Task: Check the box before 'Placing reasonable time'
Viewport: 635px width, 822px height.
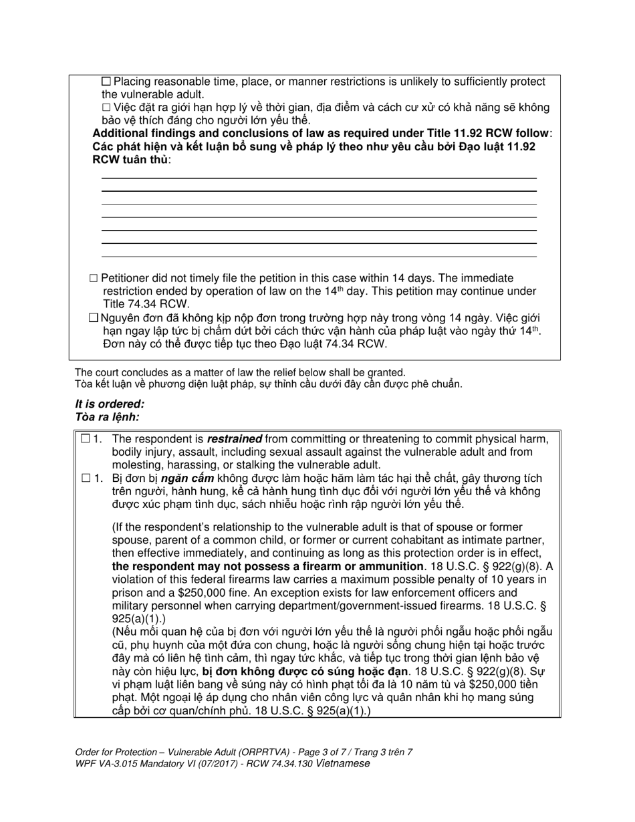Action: [106, 82]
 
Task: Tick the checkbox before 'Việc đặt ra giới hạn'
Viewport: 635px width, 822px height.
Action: [106, 108]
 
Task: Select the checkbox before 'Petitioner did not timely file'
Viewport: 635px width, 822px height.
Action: [94, 278]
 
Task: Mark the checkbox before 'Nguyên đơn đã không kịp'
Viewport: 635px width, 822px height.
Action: [94, 318]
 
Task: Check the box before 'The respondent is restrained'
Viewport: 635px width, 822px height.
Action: [86, 439]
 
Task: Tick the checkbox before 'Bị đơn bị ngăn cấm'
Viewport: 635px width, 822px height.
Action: [86, 478]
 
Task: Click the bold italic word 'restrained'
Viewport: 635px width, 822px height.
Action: [234, 439]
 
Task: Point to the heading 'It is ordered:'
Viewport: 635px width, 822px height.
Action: [110, 404]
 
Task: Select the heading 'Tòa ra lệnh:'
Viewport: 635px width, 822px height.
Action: [108, 417]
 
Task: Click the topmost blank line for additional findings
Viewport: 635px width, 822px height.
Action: [319, 178]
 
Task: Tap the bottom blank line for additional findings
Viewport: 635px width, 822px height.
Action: [319, 256]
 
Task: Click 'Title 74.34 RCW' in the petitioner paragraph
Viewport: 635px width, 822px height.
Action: [143, 304]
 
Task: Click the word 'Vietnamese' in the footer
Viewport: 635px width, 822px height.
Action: [343, 764]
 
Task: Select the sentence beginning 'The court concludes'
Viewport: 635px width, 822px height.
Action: [240, 372]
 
